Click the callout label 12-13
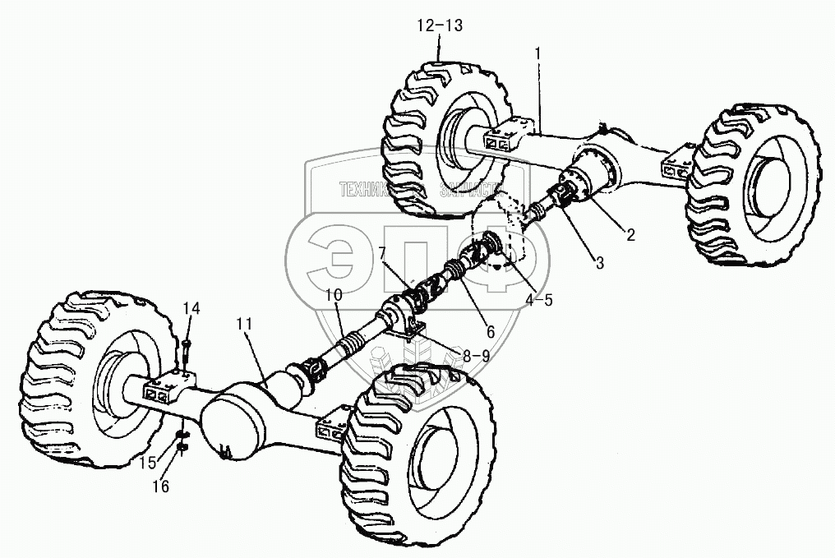tap(440, 25)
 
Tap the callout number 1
tap(537, 53)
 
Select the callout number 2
tap(630, 235)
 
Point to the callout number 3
tap(599, 263)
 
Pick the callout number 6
tap(490, 332)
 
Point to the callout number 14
tap(191, 308)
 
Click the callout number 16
tap(161, 487)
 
